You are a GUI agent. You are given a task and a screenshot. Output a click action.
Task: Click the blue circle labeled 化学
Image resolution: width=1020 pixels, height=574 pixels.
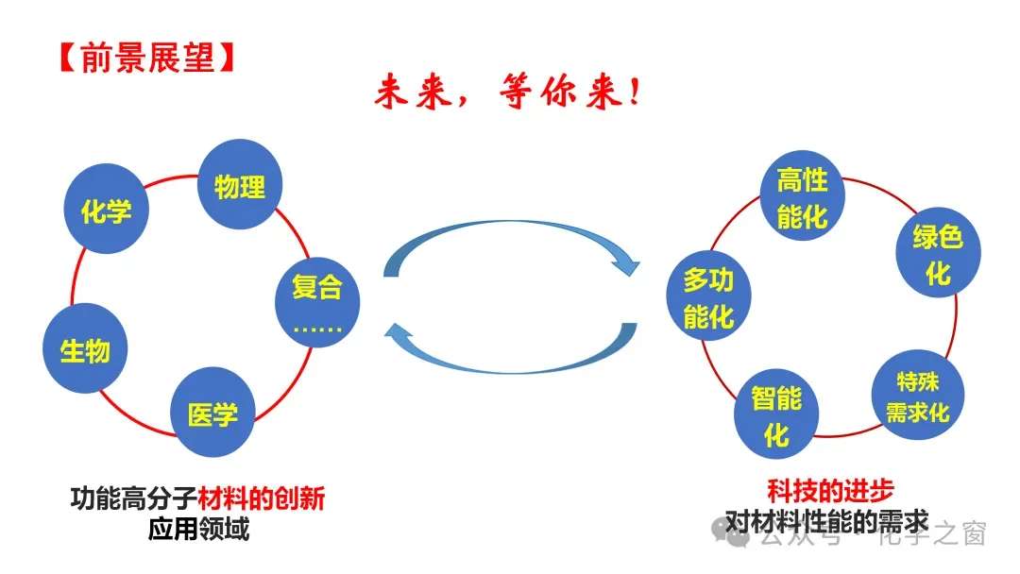click(106, 210)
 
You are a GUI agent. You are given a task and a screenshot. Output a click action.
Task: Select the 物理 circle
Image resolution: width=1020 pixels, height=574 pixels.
click(240, 185)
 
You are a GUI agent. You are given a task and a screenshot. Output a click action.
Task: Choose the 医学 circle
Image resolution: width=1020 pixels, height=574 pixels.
click(212, 413)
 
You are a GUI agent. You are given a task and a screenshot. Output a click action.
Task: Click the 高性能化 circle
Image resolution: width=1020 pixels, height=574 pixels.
click(802, 199)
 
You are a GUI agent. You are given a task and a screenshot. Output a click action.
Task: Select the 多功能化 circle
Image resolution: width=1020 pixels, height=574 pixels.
click(708, 298)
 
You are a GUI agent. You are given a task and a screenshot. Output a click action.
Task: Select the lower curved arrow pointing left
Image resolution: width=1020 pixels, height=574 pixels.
click(510, 349)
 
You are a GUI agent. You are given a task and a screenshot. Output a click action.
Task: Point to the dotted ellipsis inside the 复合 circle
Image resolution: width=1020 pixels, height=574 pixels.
click(317, 328)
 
